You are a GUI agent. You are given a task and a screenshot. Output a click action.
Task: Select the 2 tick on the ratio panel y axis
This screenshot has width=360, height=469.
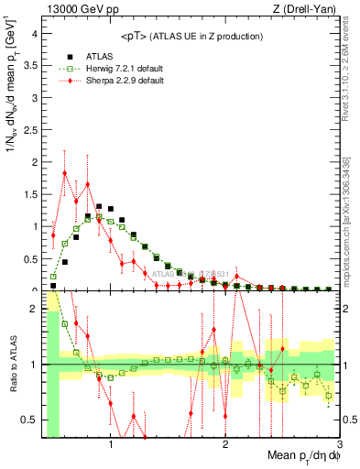(x=34, y=309)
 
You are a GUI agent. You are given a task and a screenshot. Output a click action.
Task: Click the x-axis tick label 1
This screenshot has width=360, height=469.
(x=111, y=446)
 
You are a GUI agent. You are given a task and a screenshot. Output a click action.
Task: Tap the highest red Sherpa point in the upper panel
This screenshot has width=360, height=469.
(x=65, y=173)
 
